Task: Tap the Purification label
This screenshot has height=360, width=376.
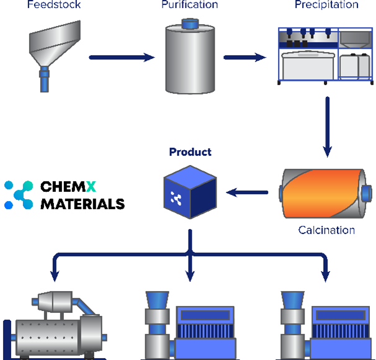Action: coord(189,5)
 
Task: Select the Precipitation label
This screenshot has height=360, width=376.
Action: coord(326,5)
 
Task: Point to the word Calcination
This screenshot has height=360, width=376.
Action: coord(326,230)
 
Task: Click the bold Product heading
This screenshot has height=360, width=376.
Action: coord(190,152)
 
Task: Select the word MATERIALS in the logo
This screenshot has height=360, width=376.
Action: coord(83,204)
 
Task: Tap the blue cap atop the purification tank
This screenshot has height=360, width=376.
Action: coord(189,24)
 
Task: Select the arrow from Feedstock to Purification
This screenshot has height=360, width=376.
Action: coord(122,58)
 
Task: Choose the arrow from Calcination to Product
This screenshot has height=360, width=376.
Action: coord(247,192)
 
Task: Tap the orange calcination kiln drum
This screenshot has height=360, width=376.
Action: coord(322,194)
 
